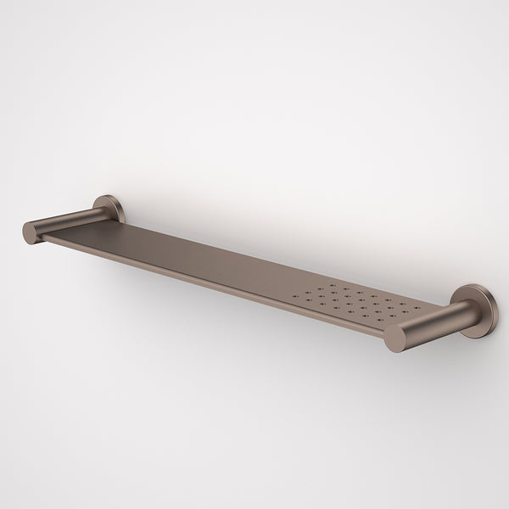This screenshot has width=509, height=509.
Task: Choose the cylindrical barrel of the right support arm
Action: [x=428, y=322]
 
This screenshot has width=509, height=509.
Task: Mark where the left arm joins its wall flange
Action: [x=100, y=212]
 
